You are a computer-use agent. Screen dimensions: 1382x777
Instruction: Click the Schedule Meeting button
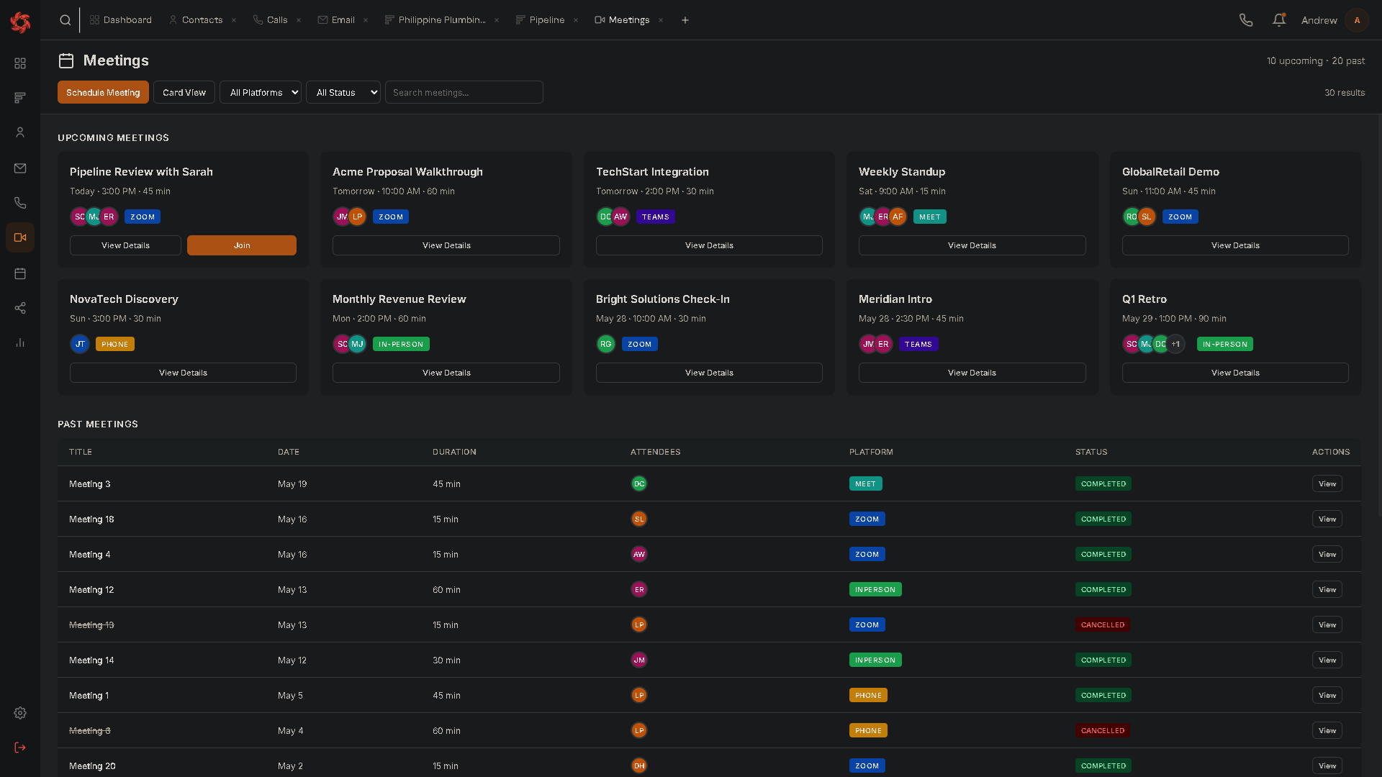point(103,92)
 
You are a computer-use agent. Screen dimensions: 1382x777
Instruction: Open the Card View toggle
point(184,92)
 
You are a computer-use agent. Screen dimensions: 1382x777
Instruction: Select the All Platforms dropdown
point(261,92)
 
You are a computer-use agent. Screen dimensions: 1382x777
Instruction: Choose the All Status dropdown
point(343,92)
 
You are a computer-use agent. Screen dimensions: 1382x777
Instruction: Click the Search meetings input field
point(464,92)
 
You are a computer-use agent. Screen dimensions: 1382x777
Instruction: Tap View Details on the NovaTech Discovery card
point(183,373)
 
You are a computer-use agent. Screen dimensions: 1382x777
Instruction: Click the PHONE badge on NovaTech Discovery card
point(115,344)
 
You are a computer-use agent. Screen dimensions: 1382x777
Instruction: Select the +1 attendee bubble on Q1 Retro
point(1175,344)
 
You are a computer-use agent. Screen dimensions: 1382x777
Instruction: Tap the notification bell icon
point(1279,20)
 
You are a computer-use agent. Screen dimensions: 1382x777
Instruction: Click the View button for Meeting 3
point(1327,483)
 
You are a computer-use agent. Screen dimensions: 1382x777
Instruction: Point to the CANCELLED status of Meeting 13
point(1103,624)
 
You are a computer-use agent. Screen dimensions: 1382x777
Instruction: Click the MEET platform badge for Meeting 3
point(865,483)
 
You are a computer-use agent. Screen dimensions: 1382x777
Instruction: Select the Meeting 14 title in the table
point(91,660)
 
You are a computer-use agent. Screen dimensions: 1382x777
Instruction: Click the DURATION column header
point(454,452)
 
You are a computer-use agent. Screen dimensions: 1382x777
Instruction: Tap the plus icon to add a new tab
point(685,20)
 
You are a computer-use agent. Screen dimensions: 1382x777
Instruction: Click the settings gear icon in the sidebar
point(20,713)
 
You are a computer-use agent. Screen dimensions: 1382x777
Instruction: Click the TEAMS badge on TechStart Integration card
point(656,217)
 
